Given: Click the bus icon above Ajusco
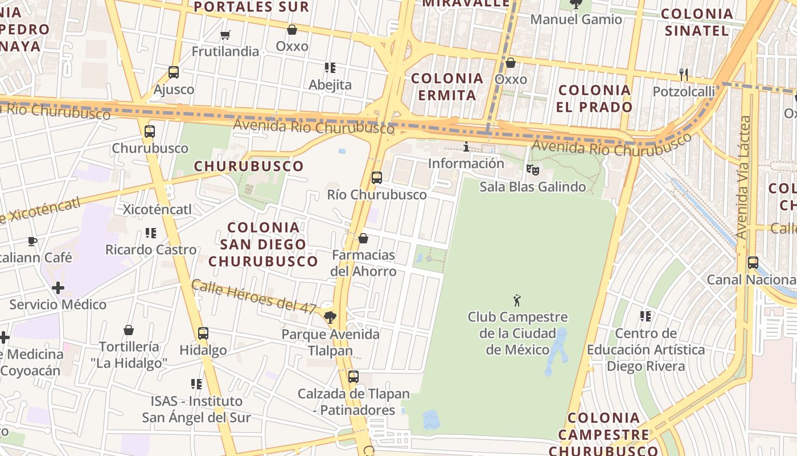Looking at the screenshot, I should point(174,72).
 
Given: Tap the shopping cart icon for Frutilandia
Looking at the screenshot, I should point(225,35).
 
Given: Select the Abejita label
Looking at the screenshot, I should point(330,85).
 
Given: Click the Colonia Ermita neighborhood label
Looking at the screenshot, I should point(447,87).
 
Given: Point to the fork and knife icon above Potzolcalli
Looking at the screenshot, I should point(684,74).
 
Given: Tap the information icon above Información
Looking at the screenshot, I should point(466,147).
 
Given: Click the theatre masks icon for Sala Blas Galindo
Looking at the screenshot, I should point(532,169).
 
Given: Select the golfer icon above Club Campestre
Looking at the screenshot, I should point(517,300).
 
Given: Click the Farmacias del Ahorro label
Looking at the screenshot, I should point(363,263).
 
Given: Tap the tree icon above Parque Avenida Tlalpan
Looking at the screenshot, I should point(330,317).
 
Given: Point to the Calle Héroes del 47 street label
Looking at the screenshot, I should point(254,296).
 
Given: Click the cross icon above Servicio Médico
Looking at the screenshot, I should point(57,288).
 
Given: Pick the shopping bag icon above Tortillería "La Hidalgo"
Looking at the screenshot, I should point(129,330).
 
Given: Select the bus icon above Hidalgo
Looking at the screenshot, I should point(203,333).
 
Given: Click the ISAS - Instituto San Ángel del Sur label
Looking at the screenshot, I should point(196,409).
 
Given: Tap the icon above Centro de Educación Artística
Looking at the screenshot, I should point(645,316).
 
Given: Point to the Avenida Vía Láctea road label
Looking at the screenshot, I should point(743,177).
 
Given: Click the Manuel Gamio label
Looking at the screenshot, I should point(576,19).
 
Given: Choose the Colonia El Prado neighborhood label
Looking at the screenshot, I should point(595,98).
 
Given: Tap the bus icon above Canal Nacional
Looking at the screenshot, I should point(753,263).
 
